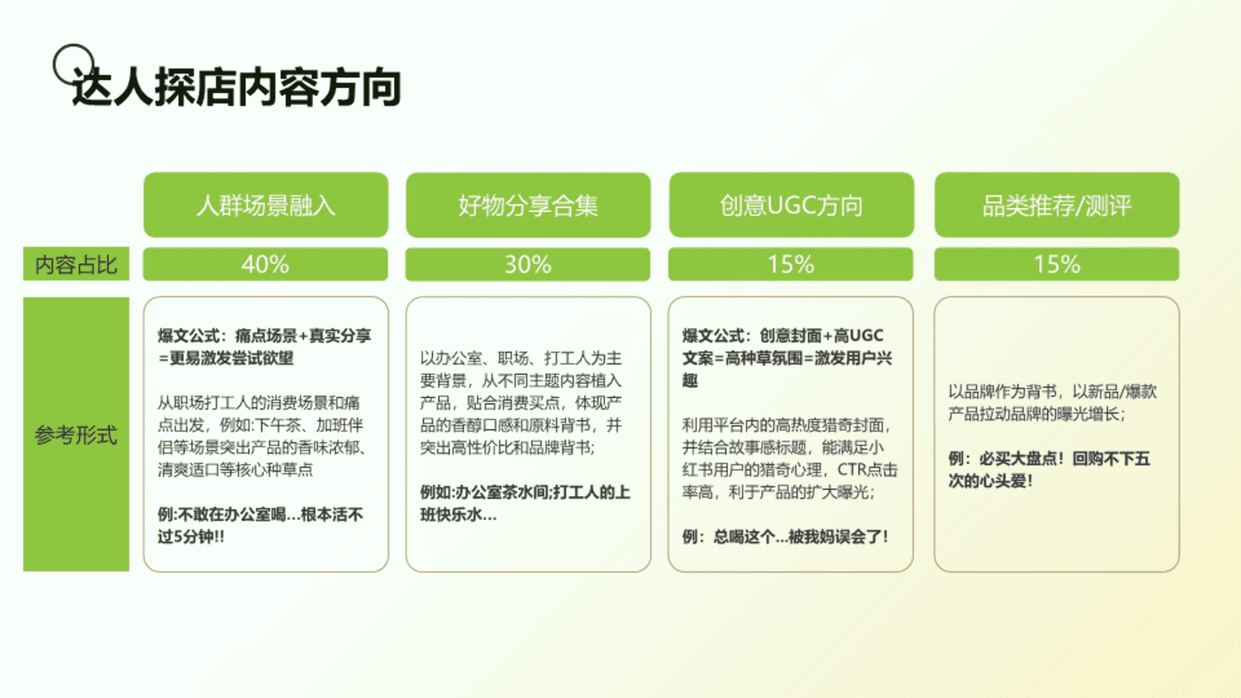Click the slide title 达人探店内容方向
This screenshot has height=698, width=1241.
tap(237, 87)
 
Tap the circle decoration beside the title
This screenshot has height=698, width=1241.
tap(55, 65)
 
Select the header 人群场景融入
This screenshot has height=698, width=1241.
tap(266, 206)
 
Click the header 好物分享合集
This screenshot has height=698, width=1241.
tap(528, 206)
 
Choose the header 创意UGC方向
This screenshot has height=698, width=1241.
tap(791, 206)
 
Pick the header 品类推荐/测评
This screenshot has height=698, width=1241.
tap(1057, 206)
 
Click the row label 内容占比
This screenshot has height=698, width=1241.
tap(76, 264)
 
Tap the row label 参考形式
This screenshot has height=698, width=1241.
tap(76, 435)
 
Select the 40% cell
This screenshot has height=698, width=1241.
tap(265, 264)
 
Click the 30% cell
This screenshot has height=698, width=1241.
tap(528, 264)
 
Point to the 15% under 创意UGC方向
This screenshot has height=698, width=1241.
tap(790, 264)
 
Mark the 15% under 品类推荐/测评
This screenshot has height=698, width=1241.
tap(1057, 264)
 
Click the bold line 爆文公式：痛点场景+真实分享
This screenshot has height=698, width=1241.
tap(264, 335)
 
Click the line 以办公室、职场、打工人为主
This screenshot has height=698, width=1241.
tap(521, 358)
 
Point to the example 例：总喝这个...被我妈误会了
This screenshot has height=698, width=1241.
tap(785, 536)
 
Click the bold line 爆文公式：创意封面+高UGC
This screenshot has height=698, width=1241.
tap(783, 335)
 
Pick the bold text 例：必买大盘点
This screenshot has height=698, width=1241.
tap(1006, 459)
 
